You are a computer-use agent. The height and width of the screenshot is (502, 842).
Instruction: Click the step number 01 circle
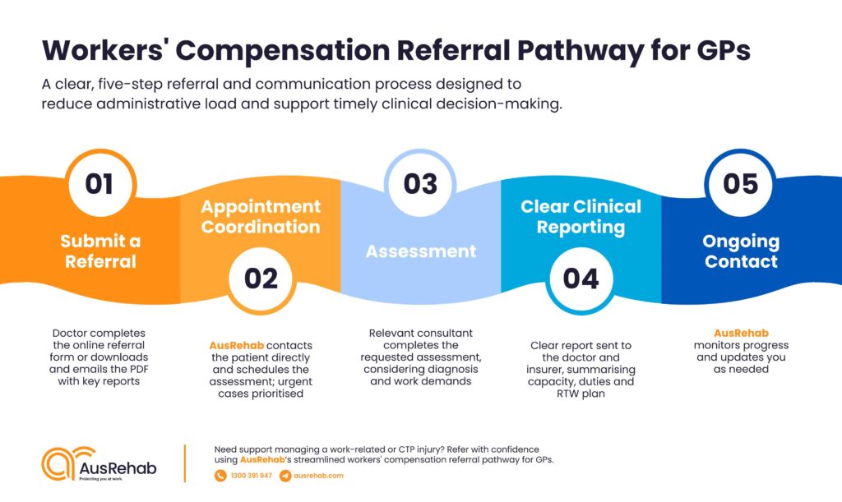coord(99,183)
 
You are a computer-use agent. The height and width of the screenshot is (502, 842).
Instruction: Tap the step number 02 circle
coord(261,279)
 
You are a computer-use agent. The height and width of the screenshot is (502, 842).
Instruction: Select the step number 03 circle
coord(420,183)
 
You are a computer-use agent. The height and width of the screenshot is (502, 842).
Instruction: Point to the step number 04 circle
coord(581,279)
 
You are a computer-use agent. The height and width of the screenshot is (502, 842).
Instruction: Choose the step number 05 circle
coord(740,183)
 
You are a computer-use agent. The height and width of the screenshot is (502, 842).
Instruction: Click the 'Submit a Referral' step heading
coord(99,251)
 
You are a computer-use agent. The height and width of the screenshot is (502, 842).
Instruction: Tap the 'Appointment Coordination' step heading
coord(261,216)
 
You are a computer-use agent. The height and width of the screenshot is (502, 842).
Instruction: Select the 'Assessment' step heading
coord(420,251)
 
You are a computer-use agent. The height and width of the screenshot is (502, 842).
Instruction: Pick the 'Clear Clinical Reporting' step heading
coord(581,216)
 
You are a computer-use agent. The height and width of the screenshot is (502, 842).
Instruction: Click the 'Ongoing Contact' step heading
coord(740,251)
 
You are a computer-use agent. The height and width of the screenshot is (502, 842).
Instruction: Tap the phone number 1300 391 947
coord(251,476)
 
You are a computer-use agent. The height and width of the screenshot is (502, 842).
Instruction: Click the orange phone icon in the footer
coord(220,476)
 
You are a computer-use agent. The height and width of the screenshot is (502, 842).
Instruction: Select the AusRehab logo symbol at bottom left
coord(61,464)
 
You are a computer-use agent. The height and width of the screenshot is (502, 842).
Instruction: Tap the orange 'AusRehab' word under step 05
coord(740,333)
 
